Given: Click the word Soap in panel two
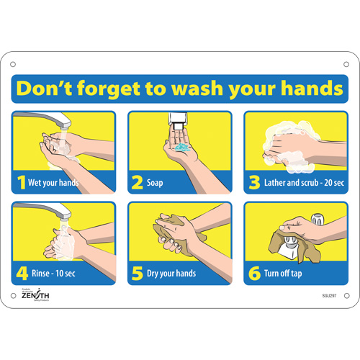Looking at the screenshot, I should (154, 183).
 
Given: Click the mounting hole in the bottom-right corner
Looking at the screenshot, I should (346, 296).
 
